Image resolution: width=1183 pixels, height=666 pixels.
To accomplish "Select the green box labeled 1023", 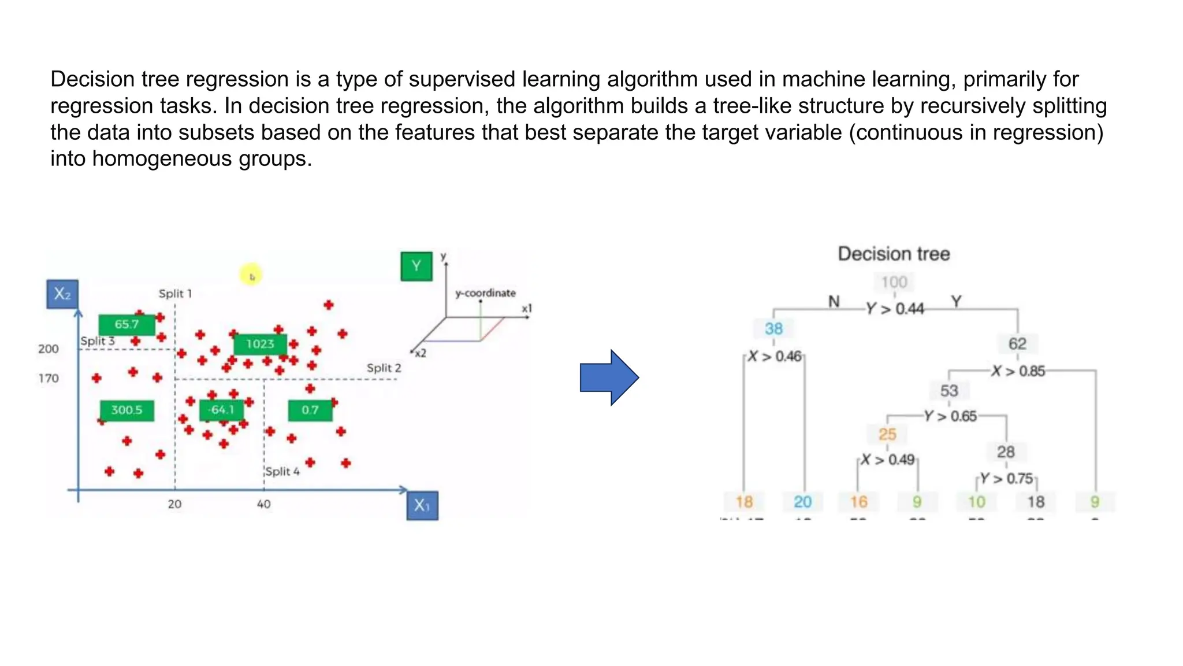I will [x=260, y=344].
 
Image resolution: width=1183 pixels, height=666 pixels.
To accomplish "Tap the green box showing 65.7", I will [x=127, y=324].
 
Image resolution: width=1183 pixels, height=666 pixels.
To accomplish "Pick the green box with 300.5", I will [x=127, y=410].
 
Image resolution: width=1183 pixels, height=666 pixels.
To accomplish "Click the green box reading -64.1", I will [x=221, y=410].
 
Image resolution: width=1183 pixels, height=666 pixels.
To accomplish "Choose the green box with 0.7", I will [x=310, y=410].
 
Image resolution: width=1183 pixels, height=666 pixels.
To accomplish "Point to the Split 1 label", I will [x=175, y=294].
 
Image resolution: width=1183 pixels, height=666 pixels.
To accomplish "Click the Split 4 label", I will [x=282, y=472].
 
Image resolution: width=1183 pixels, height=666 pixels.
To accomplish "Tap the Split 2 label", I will [x=384, y=368].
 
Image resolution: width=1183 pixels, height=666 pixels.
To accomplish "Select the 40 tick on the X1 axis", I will [x=263, y=504].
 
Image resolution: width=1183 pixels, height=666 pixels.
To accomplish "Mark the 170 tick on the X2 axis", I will [x=49, y=379].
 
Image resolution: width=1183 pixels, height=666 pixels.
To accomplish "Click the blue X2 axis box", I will [x=62, y=294].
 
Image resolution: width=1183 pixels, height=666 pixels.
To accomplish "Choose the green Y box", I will [x=416, y=267].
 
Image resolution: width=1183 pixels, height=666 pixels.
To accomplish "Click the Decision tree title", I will [x=894, y=254].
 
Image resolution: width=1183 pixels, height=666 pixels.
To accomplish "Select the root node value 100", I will [x=894, y=282].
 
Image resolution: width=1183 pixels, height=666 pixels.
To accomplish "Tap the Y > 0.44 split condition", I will [x=895, y=309].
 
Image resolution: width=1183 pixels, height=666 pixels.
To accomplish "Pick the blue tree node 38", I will [x=773, y=329].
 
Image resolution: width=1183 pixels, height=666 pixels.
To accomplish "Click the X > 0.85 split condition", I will [x=1018, y=371].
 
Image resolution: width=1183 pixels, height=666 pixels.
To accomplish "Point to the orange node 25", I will [x=887, y=434].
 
